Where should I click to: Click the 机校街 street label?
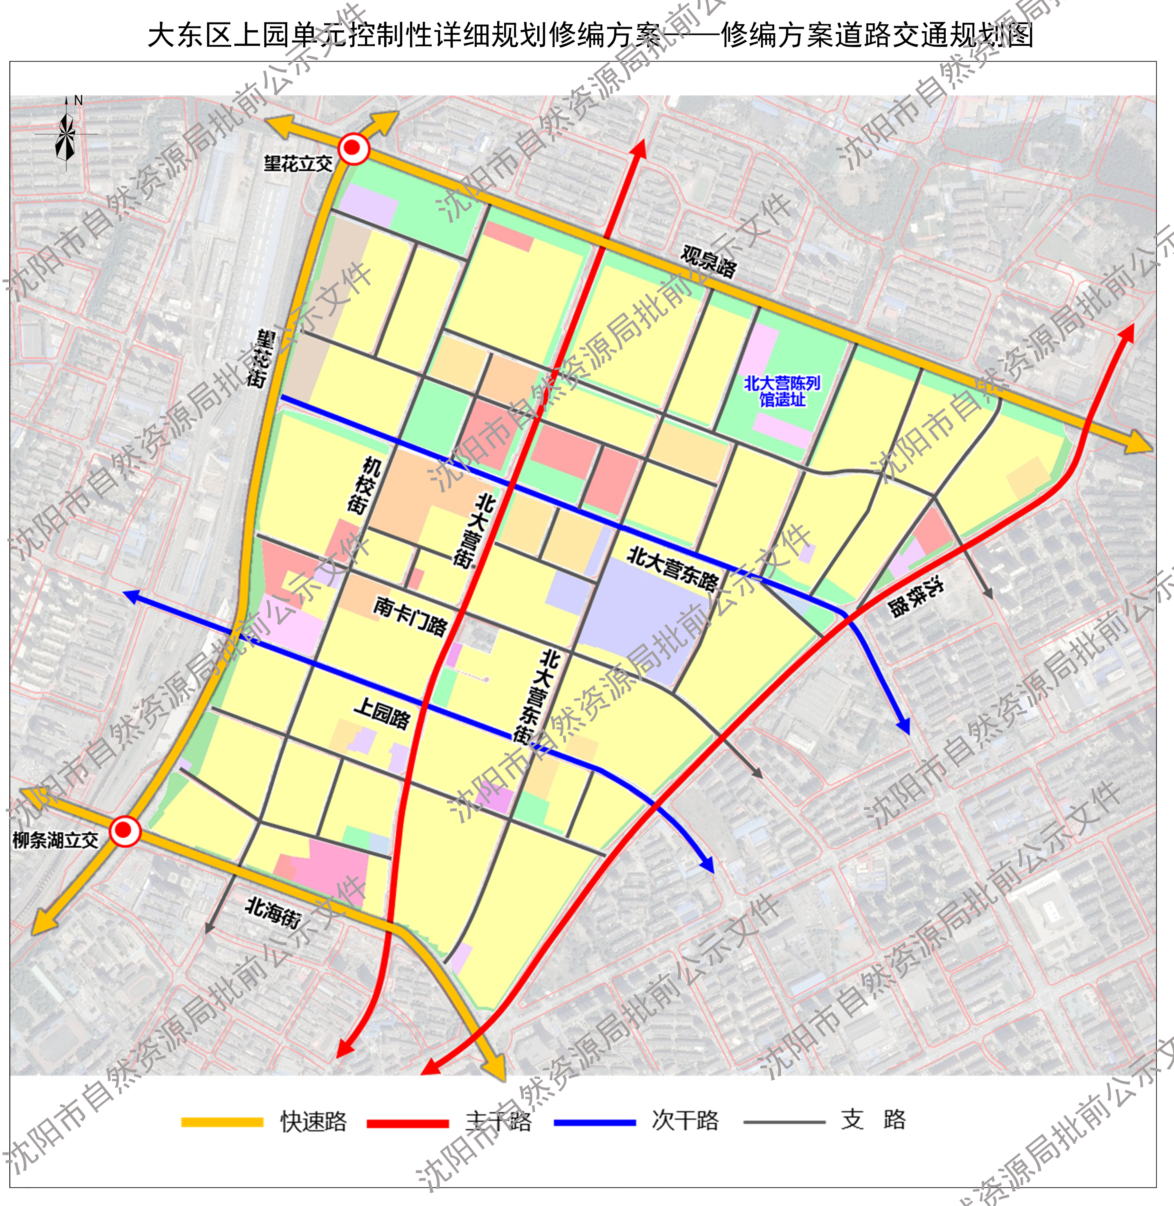pos(364,486)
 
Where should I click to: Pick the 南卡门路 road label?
pos(410,616)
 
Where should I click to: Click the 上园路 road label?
pos(382,713)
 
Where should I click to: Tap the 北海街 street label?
pos(273,912)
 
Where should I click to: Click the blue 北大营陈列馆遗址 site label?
pos(782,391)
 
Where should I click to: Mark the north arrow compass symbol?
pos(66,133)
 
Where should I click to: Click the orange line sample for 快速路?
pos(222,1122)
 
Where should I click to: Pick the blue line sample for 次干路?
pos(595,1122)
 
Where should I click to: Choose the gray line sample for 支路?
pos(784,1122)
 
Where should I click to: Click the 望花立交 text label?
pos(298,164)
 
